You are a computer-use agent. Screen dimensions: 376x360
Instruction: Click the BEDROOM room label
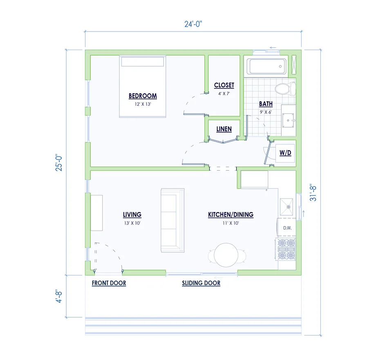pyautogui.click(x=143, y=96)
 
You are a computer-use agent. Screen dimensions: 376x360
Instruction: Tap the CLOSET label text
pyautogui.click(x=224, y=85)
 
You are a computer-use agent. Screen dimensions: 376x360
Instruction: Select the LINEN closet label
pyautogui.click(x=224, y=129)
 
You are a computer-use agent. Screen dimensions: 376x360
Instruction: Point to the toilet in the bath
pyautogui.click(x=285, y=88)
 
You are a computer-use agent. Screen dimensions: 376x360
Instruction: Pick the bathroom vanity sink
pyautogui.click(x=288, y=120)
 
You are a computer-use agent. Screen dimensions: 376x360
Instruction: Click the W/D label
pyautogui.click(x=285, y=153)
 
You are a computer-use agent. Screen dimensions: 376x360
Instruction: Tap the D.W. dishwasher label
pyautogui.click(x=287, y=228)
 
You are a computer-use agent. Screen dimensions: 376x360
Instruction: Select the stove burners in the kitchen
pyautogui.click(x=286, y=250)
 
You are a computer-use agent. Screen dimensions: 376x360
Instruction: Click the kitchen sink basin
pyautogui.click(x=286, y=207)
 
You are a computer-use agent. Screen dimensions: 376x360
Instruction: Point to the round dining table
pyautogui.click(x=226, y=255)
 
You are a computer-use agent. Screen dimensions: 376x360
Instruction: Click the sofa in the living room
pyautogui.click(x=172, y=220)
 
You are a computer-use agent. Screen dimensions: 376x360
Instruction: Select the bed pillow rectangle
pyautogui.click(x=143, y=62)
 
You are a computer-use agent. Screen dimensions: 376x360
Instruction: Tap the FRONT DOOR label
pyautogui.click(x=109, y=283)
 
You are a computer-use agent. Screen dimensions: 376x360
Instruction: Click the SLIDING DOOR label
pyautogui.click(x=201, y=283)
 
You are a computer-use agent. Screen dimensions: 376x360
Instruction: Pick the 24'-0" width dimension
pyautogui.click(x=193, y=24)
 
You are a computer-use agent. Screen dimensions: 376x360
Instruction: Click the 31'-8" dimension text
pyautogui.click(x=313, y=193)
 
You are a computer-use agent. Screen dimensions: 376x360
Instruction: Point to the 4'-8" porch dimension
pyautogui.click(x=59, y=296)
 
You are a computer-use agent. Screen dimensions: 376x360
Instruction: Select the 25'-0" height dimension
pyautogui.click(x=59, y=162)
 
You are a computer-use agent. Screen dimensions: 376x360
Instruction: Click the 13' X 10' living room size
pyautogui.click(x=132, y=223)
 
